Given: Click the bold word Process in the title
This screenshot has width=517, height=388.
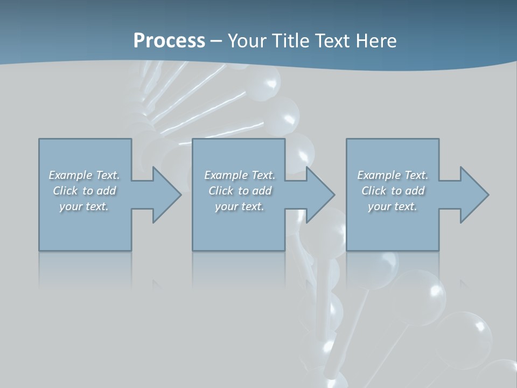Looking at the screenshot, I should [x=169, y=41].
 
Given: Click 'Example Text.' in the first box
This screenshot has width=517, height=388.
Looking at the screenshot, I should [x=84, y=175].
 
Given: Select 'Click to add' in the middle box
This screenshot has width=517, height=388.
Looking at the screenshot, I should [x=240, y=191].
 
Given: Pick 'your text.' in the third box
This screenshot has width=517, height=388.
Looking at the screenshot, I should [x=393, y=206].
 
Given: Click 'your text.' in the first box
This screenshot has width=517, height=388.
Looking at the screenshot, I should [x=84, y=206].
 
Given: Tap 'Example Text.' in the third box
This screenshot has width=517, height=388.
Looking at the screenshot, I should [x=393, y=175].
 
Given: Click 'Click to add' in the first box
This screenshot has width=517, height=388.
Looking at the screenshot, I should [x=84, y=191].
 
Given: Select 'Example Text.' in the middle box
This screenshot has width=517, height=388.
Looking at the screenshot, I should [x=240, y=175].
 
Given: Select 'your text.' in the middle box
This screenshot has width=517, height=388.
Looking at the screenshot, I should [x=240, y=206].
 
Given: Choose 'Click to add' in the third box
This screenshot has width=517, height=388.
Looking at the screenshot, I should [x=393, y=191].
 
